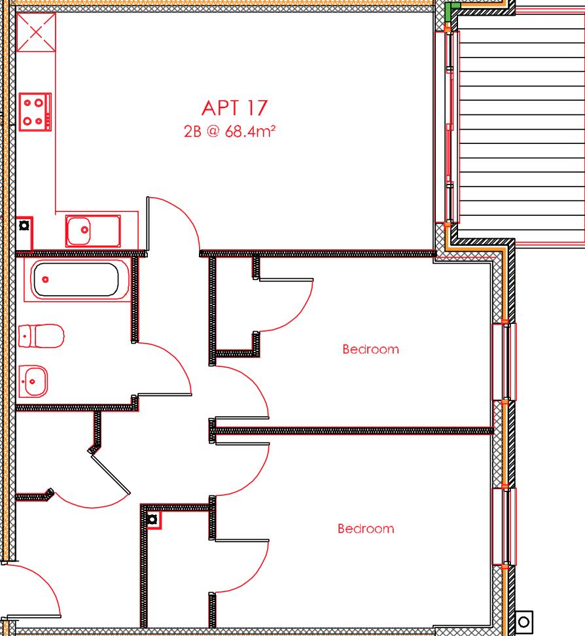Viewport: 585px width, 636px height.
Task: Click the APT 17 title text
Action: click(x=235, y=107)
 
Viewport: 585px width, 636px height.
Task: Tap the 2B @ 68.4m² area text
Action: click(x=229, y=131)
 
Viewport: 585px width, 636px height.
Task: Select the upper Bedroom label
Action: click(x=370, y=349)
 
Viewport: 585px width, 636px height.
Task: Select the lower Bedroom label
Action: click(x=366, y=529)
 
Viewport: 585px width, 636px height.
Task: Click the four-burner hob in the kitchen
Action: click(x=34, y=111)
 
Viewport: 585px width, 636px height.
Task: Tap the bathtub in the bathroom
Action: click(x=75, y=279)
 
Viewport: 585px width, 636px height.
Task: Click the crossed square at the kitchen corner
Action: click(x=36, y=32)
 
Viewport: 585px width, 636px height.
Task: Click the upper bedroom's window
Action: click(x=504, y=362)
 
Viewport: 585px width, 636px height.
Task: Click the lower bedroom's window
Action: click(x=504, y=526)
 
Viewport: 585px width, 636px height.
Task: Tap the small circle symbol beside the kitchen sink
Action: click(x=24, y=226)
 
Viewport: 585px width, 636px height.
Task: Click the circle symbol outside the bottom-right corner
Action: click(x=524, y=620)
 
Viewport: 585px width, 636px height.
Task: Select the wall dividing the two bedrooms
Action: click(x=353, y=431)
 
